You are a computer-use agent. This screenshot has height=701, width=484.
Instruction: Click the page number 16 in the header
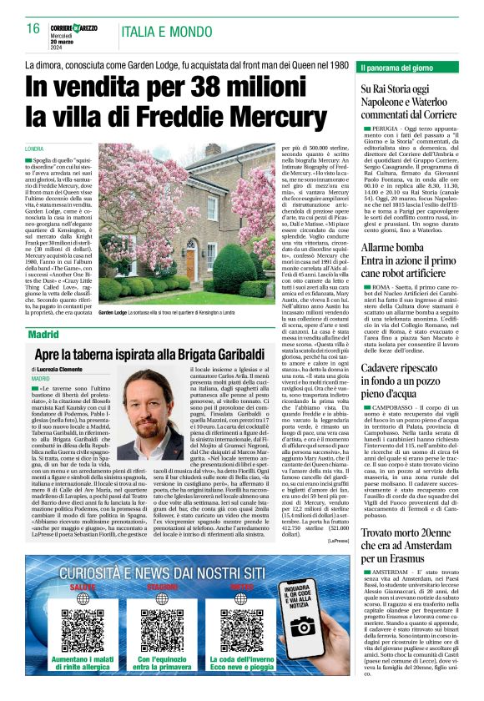tap(33, 28)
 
